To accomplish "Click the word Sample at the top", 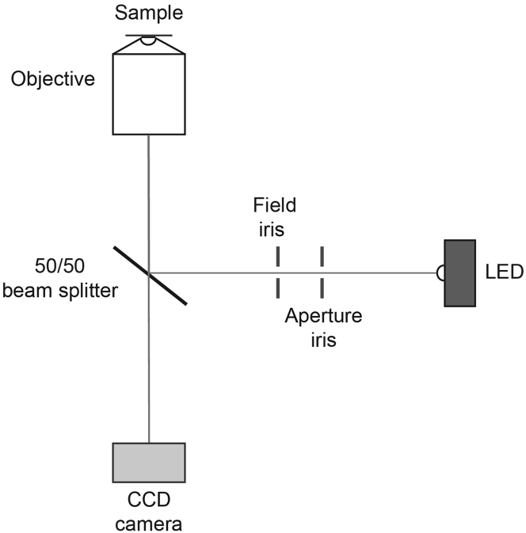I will (x=148, y=13).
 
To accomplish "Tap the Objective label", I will (x=53, y=78).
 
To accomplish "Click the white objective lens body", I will (x=149, y=95).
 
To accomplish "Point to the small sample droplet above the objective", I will (x=149, y=41).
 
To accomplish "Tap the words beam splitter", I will (x=60, y=291).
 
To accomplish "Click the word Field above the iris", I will (x=275, y=206).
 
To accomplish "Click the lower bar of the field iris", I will (x=278, y=287).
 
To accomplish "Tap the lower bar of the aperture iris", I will (x=322, y=287).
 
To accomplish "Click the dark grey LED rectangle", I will (x=459, y=272).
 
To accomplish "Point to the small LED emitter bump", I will (x=440, y=272).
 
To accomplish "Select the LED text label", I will (x=503, y=273).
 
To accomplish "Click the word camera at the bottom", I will (x=149, y=523).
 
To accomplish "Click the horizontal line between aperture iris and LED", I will (x=380, y=272).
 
